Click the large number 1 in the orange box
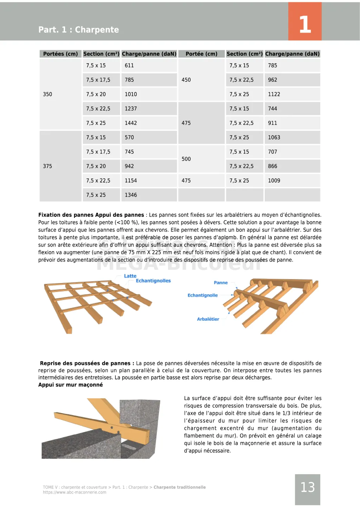(x=305, y=25)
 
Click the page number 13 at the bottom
(x=307, y=487)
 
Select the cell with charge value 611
(x=129, y=66)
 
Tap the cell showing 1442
(x=131, y=123)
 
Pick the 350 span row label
(x=47, y=94)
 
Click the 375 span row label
(x=47, y=166)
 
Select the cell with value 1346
(x=131, y=195)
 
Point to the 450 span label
(x=186, y=80)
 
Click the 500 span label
(x=186, y=159)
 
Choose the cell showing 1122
(x=274, y=94)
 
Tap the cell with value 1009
(x=274, y=181)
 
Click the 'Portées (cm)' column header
(x=60, y=54)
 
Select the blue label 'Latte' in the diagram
(x=130, y=276)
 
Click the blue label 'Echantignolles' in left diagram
(x=153, y=281)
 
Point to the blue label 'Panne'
(x=221, y=283)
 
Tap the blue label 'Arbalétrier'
(x=208, y=319)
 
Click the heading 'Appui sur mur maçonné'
(x=71, y=385)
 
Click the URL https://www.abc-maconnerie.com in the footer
(x=75, y=492)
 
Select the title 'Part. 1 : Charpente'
(x=79, y=30)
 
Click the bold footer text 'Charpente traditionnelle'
(x=180, y=487)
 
